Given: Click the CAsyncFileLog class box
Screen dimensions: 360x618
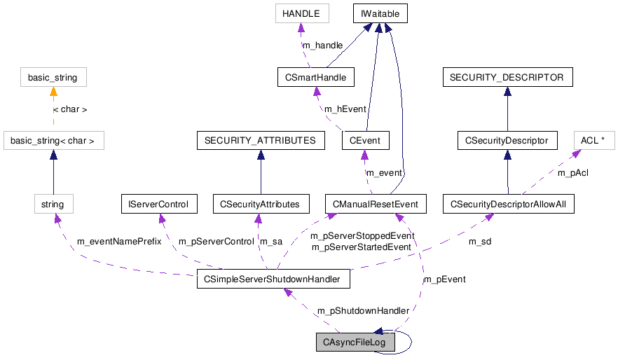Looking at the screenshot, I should pos(355,342).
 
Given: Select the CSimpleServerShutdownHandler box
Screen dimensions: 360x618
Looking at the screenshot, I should pos(273,279).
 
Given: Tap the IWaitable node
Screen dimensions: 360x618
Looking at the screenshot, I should pos(379,13).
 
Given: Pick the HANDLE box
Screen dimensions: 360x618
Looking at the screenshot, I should pos(301,13).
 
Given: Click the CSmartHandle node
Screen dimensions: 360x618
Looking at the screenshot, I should pos(315,76).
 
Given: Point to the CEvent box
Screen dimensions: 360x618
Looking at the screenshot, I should pos(365,141).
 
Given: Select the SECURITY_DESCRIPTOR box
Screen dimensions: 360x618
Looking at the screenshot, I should pos(507,77).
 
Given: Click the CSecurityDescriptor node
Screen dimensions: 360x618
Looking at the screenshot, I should pos(507,141).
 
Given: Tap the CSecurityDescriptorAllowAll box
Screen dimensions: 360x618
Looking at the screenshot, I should pos(509,205).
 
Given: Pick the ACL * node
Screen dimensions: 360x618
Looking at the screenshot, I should pos(593,140).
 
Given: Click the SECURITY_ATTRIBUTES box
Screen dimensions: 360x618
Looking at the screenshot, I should pos(260,141).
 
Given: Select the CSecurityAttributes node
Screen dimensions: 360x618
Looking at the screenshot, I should pos(260,205).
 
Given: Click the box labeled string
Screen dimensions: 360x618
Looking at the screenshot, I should pos(53,205).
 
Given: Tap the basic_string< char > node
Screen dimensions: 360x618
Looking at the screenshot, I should pos(53,141).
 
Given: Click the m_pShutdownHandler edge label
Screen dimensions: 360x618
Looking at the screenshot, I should pos(353,311).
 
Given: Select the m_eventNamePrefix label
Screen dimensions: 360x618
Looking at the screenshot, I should pos(118,242).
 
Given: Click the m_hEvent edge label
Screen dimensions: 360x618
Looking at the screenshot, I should pos(345,109).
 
